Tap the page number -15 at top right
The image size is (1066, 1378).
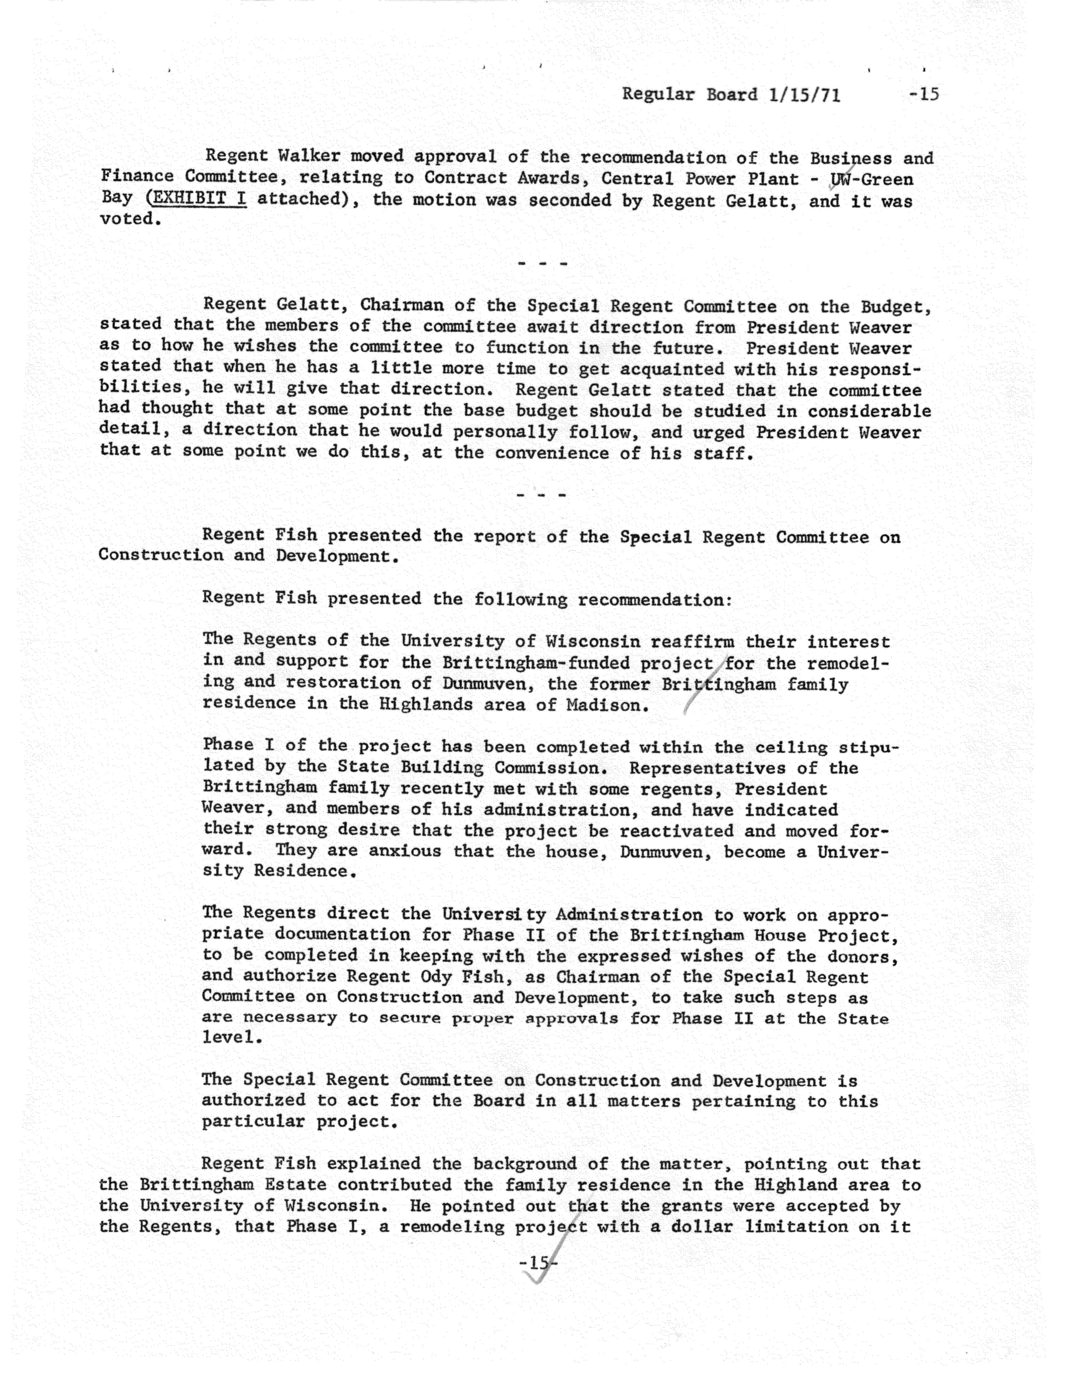click(x=924, y=95)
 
